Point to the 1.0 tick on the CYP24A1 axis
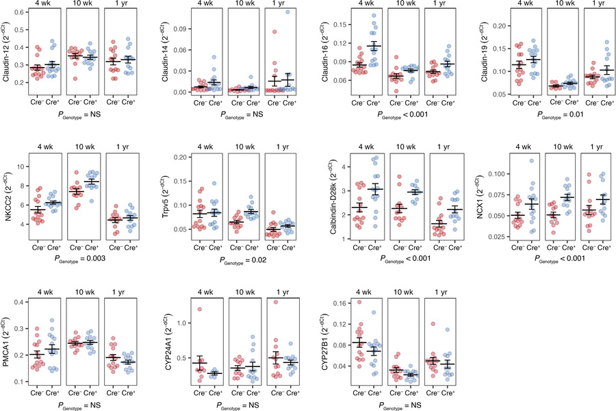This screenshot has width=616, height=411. (x=179, y=322)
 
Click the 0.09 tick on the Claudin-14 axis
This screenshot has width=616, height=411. (x=179, y=29)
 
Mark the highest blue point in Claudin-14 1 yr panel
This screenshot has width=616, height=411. (x=287, y=12)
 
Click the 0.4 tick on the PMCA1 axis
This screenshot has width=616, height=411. (x=21, y=302)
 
